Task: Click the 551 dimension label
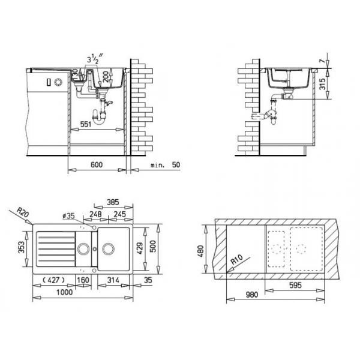tap(86, 124)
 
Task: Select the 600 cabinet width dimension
tap(97, 164)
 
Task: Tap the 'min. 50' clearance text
tap(166, 165)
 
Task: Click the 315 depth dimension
tap(323, 84)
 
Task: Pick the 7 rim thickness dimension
tap(323, 61)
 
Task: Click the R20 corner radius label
tap(23, 212)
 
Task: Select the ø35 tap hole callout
tap(68, 216)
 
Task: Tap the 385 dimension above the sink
tap(113, 202)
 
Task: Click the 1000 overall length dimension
tap(65, 292)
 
